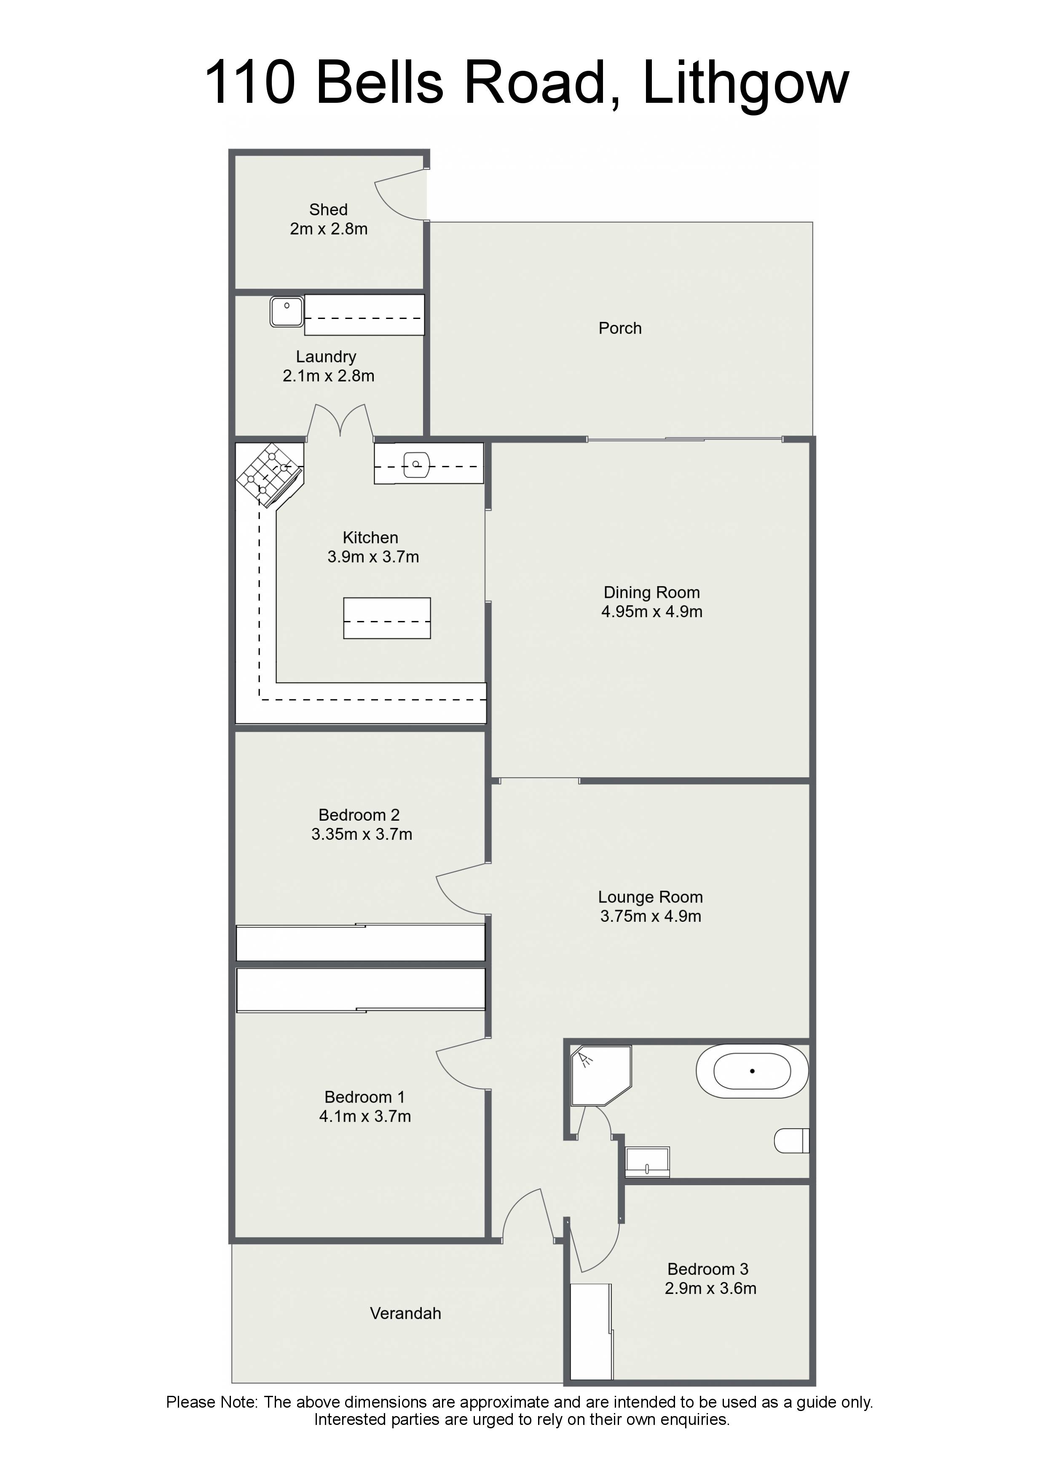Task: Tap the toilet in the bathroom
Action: point(791,1141)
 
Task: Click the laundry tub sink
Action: point(287,311)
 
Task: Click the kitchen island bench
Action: point(386,618)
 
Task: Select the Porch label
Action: point(620,328)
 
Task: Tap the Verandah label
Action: point(406,1313)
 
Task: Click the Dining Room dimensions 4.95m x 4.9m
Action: point(651,611)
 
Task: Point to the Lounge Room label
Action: point(650,897)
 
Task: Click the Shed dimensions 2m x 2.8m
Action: point(328,229)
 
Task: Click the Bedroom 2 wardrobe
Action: point(361,943)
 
